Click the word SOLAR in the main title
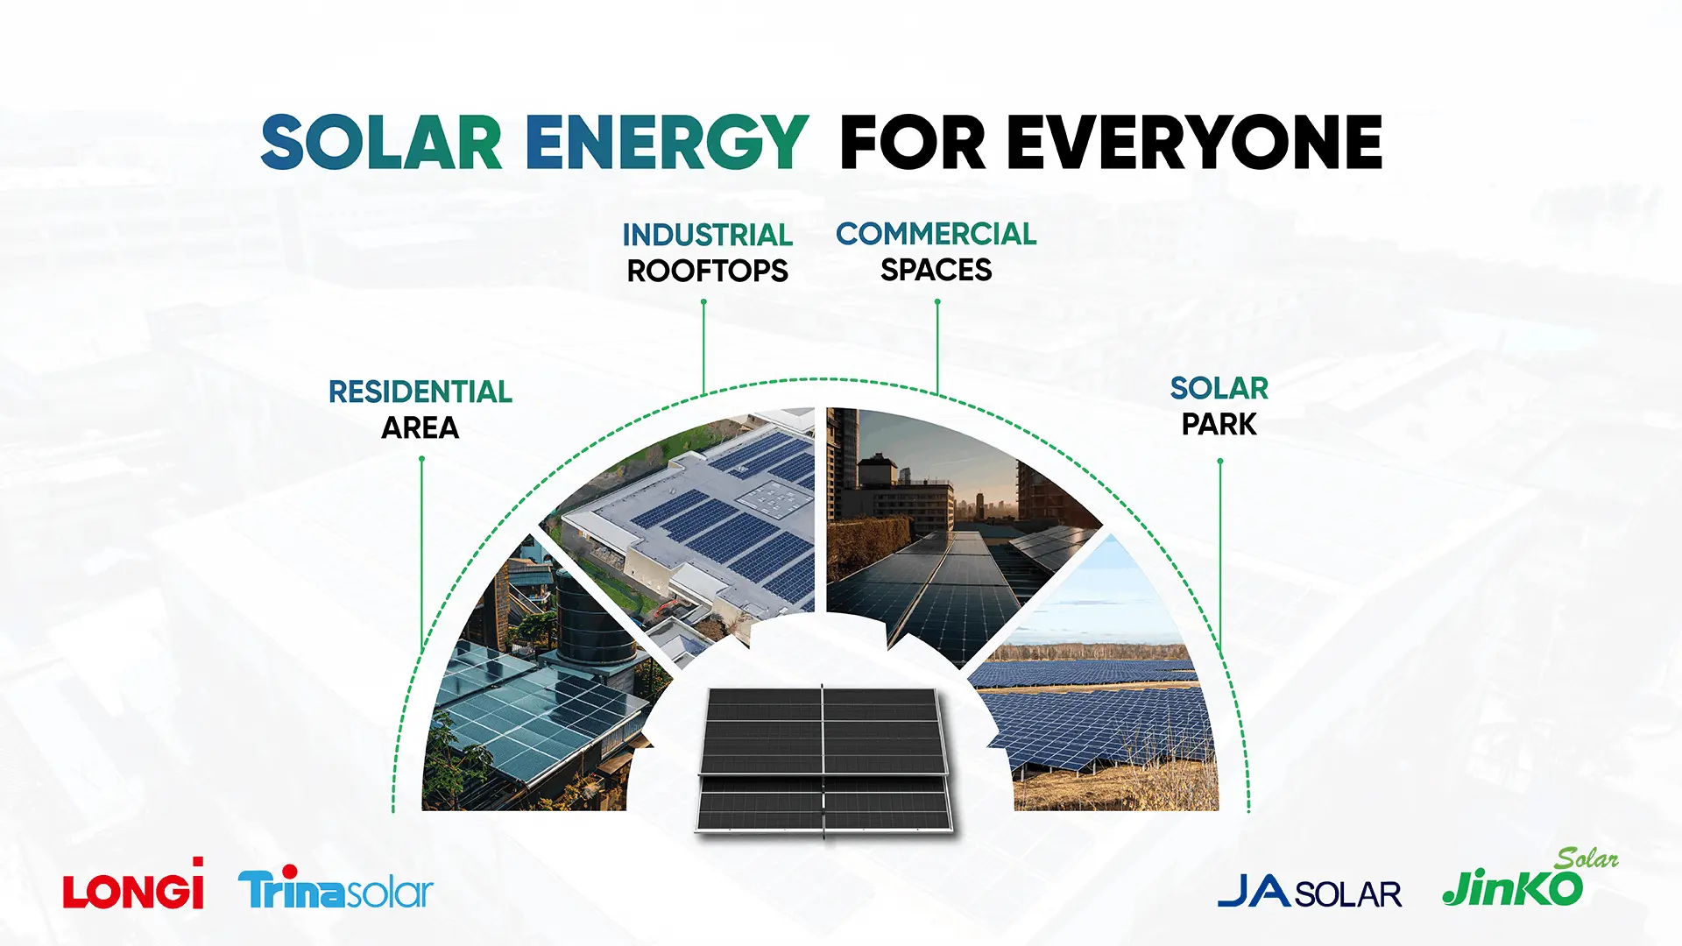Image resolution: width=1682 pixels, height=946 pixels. (x=381, y=142)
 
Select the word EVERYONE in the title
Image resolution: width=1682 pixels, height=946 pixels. (x=1195, y=142)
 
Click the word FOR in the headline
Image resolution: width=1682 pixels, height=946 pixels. (x=913, y=142)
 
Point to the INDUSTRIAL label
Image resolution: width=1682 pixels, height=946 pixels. (x=708, y=235)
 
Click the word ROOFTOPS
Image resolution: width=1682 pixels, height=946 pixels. (x=708, y=271)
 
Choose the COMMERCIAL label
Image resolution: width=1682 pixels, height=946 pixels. (x=936, y=234)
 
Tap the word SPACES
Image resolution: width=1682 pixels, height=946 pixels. (x=936, y=270)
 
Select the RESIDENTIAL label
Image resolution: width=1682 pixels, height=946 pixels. (x=420, y=392)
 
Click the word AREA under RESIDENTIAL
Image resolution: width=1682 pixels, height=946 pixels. (x=420, y=427)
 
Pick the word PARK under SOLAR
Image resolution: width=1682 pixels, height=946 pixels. (x=1219, y=424)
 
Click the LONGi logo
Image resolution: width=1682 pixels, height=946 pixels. (x=133, y=884)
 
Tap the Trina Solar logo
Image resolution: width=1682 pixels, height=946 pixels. (x=336, y=889)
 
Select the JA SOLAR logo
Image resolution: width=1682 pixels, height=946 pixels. (x=1310, y=893)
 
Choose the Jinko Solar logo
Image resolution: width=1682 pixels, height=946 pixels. (x=1530, y=879)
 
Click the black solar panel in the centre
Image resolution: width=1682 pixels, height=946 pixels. (x=823, y=759)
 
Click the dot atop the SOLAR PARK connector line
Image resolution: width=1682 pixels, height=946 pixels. (x=1220, y=461)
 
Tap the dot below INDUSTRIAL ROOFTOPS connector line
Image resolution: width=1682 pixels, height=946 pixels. (x=703, y=302)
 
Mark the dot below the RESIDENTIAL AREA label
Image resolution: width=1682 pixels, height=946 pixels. (x=421, y=459)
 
